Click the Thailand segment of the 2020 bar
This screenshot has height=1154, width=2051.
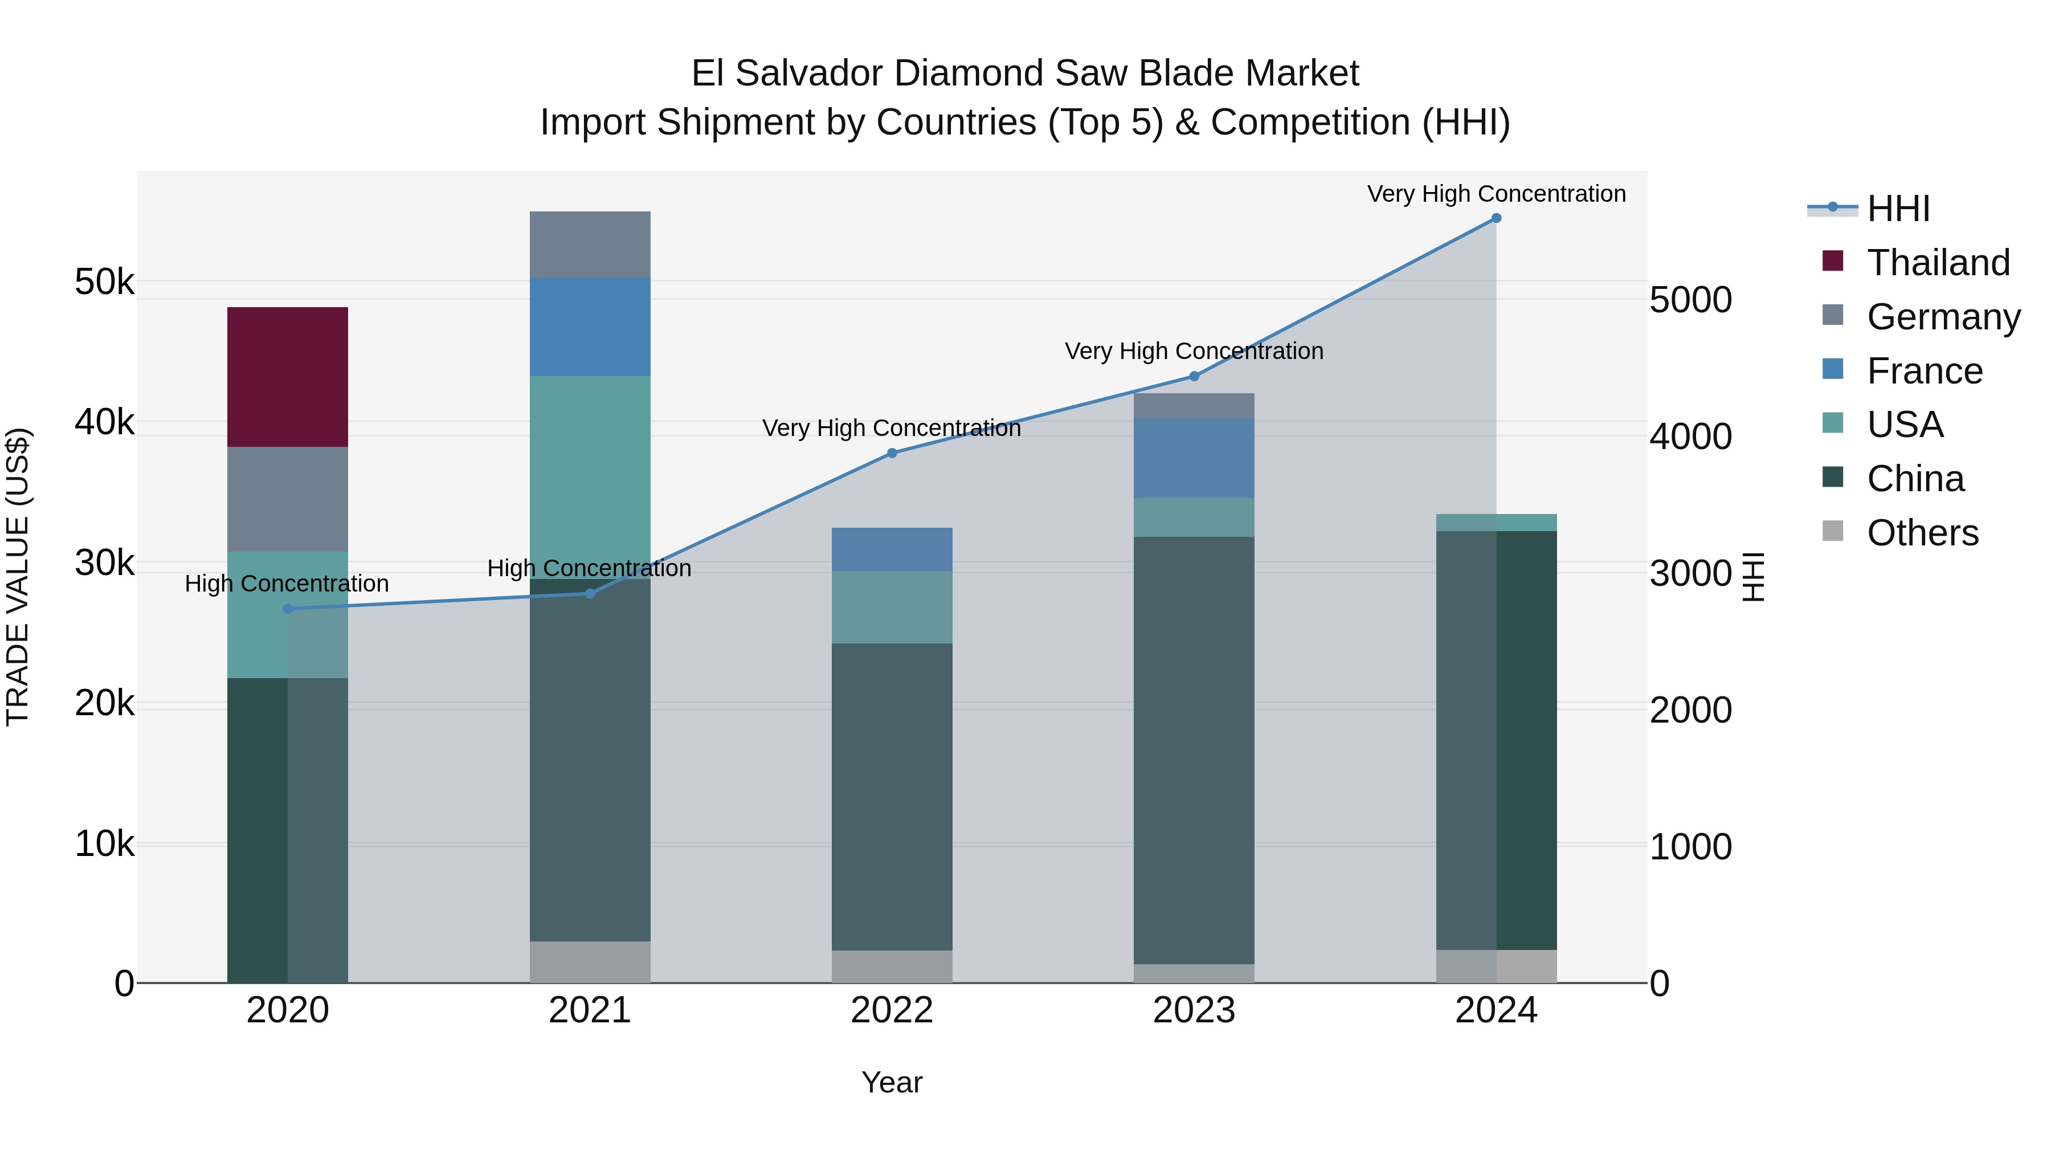tap(288, 377)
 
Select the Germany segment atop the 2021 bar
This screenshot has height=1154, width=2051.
tap(590, 244)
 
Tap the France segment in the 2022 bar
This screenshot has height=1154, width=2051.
tap(892, 549)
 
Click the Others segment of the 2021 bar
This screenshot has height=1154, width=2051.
tap(590, 961)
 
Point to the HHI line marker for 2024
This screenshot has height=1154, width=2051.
tap(1496, 218)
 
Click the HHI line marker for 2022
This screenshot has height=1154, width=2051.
tap(892, 453)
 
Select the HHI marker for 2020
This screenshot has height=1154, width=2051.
tap(288, 609)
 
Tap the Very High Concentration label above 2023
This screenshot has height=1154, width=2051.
tap(1194, 351)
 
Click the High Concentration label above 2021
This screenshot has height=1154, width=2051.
tap(589, 569)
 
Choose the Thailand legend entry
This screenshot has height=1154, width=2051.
tap(1937, 263)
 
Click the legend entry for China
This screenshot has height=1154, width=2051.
tap(1914, 479)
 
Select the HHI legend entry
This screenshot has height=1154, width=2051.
tap(1897, 209)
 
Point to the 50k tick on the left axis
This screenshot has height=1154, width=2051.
tap(104, 282)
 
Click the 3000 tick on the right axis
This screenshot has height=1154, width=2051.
tap(1690, 573)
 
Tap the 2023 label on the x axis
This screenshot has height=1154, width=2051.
tap(1194, 1010)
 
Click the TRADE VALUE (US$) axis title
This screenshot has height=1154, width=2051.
tap(18, 577)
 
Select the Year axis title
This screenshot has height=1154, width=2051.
tap(892, 1082)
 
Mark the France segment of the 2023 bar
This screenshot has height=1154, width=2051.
tap(1194, 458)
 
